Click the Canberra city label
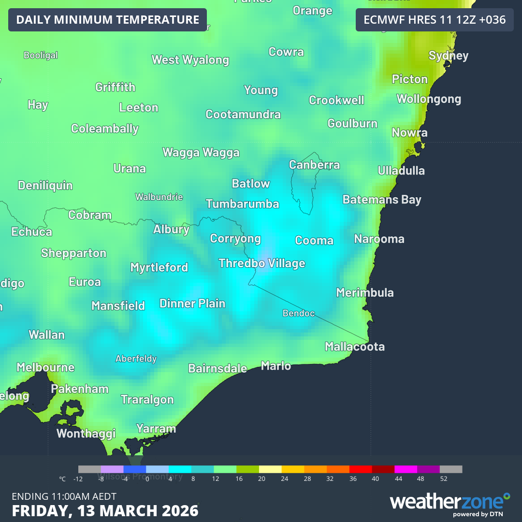(x=314, y=165)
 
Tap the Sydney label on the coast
(x=449, y=56)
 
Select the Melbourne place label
(x=45, y=367)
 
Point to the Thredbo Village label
(x=261, y=263)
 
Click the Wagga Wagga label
(x=201, y=153)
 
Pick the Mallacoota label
(x=355, y=347)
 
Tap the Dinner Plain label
(x=192, y=304)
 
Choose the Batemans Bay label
(x=382, y=200)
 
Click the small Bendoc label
(x=299, y=314)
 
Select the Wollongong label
(x=429, y=99)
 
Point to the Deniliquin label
(x=45, y=186)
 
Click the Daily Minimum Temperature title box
(x=107, y=20)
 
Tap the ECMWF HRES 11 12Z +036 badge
(x=434, y=20)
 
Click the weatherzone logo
(x=449, y=503)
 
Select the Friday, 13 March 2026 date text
(x=105, y=511)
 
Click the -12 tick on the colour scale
(x=78, y=479)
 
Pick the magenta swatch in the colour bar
(x=406, y=469)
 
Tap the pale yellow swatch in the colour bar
(x=270, y=469)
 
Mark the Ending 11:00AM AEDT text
(x=64, y=496)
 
